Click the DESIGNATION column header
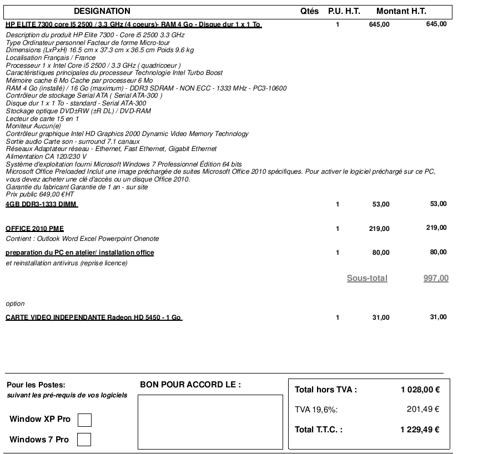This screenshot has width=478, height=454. [102, 11]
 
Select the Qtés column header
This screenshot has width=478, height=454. [309, 11]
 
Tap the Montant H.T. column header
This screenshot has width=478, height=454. [401, 11]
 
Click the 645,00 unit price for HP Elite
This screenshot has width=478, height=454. [379, 25]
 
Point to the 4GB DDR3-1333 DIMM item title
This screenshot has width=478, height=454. [41, 204]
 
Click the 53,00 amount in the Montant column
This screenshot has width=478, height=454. [438, 204]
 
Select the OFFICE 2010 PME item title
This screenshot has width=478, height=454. [34, 228]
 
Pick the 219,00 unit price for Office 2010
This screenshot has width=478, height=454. [379, 229]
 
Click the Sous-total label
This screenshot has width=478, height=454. [367, 278]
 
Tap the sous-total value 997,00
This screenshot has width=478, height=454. [436, 278]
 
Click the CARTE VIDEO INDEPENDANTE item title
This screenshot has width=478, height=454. [93, 317]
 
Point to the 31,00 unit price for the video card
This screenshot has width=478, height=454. [381, 317]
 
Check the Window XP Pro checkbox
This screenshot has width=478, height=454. [84, 420]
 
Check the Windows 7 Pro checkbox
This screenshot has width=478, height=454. [84, 440]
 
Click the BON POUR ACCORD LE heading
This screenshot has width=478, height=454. [190, 385]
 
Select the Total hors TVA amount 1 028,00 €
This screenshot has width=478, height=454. [420, 390]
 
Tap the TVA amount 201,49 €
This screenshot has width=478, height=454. [423, 410]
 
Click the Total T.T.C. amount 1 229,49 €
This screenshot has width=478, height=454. [420, 429]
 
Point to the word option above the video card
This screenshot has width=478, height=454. [15, 304]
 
